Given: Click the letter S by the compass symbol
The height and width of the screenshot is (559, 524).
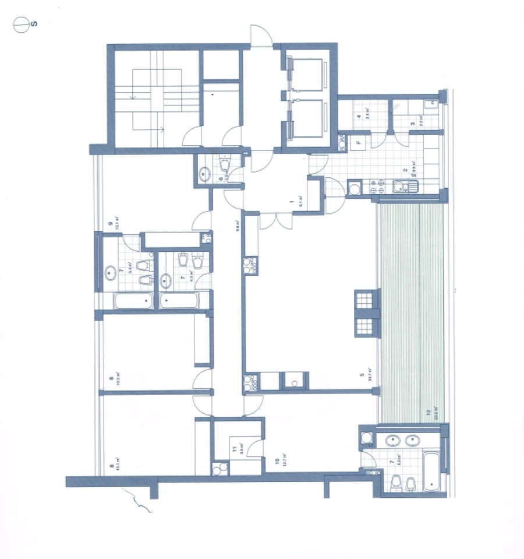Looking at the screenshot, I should (x=35, y=24).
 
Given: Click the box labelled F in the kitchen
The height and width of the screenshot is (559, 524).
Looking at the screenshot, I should (x=359, y=142).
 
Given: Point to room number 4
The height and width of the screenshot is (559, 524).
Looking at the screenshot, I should (x=359, y=115).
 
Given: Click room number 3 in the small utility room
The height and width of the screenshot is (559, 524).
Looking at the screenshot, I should (x=413, y=123).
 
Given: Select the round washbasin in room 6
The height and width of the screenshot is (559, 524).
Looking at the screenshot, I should (x=206, y=173).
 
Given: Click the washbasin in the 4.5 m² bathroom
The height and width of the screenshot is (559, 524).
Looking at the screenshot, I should (x=166, y=280).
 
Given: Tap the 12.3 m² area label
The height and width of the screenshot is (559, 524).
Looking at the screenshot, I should (x=117, y=379).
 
